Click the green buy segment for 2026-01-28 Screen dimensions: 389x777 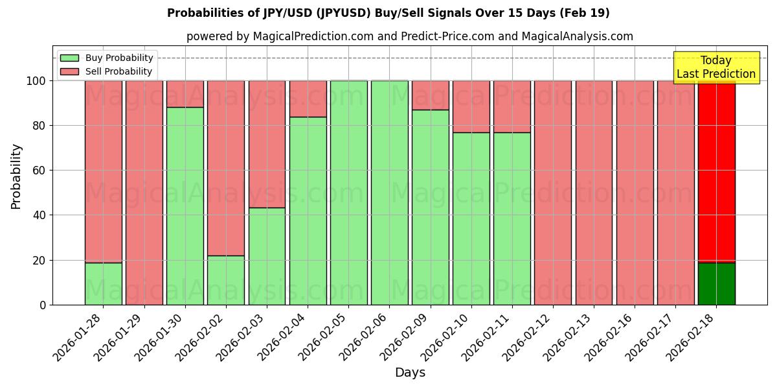point(103,283)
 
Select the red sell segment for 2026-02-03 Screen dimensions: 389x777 point(267,144)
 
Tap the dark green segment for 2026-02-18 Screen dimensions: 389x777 point(716,283)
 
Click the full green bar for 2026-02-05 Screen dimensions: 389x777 point(348,193)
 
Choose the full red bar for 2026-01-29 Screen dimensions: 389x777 point(144,193)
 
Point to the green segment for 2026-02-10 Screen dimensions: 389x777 point(471,218)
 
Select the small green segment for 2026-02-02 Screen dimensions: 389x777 point(226,280)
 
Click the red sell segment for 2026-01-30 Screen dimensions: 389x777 point(185,94)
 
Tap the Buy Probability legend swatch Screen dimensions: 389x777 point(69,58)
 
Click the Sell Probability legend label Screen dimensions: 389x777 point(118,71)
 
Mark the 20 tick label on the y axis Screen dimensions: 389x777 point(38,260)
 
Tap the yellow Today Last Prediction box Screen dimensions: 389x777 point(715,67)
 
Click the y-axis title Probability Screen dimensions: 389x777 point(16,176)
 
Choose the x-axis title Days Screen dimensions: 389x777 point(410,373)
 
